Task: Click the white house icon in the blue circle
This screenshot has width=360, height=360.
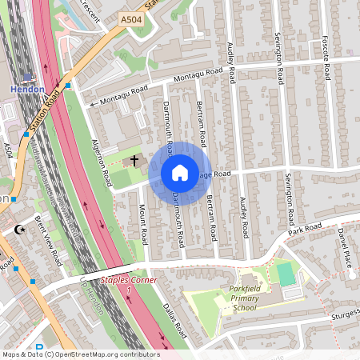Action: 180,173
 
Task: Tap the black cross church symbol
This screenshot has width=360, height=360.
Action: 134,161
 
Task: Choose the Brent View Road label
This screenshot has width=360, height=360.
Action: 48,241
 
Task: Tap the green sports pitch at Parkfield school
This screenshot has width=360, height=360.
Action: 286,273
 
